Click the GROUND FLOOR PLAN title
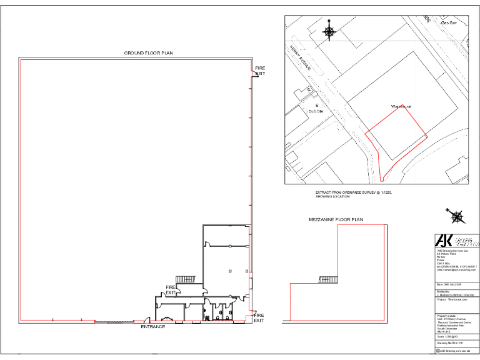148,53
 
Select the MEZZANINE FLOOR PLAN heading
336,219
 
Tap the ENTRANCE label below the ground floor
152,327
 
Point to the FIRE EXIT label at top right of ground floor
259,71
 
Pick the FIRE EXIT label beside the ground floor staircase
171,290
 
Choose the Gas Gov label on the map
449,22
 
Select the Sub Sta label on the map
315,111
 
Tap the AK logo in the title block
444,241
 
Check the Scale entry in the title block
446,336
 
